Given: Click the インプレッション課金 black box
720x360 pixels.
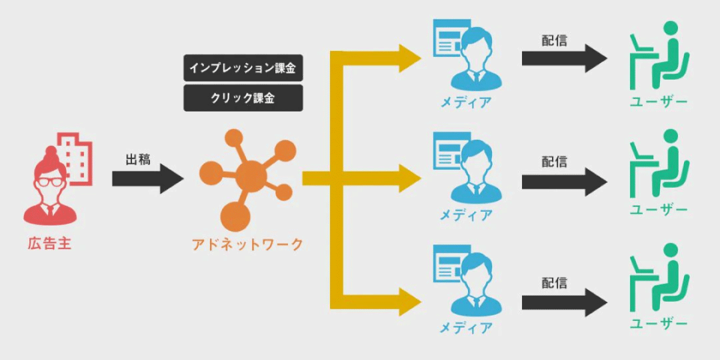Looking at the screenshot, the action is tap(243, 68).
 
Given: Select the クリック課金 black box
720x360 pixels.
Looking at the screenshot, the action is tap(243, 98).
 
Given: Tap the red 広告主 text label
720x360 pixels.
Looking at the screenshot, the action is tap(49, 244).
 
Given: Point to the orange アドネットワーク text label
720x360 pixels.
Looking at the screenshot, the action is tap(247, 245).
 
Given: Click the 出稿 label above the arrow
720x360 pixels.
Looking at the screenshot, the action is tap(138, 160).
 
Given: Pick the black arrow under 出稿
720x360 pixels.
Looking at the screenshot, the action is tap(148, 179).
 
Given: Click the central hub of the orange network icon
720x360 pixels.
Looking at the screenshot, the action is tap(251, 176).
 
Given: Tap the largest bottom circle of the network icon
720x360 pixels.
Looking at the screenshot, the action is tap(235, 217).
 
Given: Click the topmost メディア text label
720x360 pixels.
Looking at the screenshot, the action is tap(466, 103).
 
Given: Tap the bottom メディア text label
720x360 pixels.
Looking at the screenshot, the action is tap(466, 328).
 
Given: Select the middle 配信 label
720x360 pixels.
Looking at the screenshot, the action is tap(554, 161).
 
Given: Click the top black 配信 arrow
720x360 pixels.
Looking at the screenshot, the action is tap(565, 59).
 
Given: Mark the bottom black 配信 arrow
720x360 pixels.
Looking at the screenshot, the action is tap(565, 302).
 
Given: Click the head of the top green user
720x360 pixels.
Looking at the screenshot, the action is tap(671, 28).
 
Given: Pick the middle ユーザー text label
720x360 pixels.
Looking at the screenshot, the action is tap(658, 210).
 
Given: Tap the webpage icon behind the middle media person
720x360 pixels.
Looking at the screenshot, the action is tap(449, 151).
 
